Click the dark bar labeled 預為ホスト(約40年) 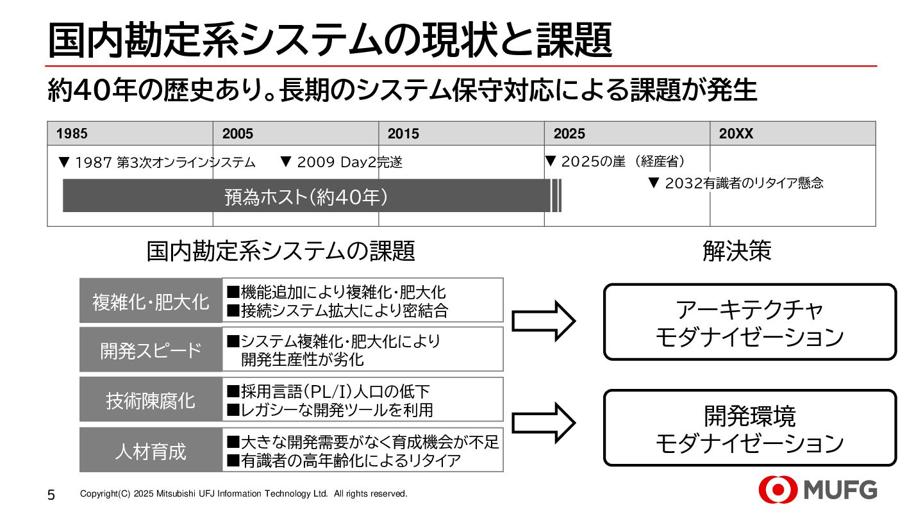tap(306, 196)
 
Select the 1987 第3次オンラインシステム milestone tap(156, 163)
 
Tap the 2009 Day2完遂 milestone tap(342, 163)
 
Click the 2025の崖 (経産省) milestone tap(615, 162)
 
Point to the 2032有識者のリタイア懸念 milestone tap(736, 183)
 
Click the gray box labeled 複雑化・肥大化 tap(151, 301)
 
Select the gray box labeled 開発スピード tap(151, 350)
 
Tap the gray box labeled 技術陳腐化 tap(151, 400)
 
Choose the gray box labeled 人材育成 tap(151, 451)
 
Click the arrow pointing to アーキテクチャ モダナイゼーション tap(544, 320)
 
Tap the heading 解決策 tap(737, 251)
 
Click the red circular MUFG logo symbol tap(777, 490)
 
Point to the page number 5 tap(52, 495)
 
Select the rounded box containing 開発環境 tap(750, 428)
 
